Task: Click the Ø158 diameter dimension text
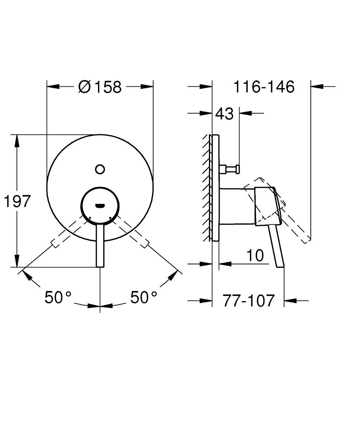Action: tap(100, 87)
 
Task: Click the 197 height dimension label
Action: tap(17, 201)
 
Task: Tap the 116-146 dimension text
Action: tap(264, 87)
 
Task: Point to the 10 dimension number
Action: tap(255, 255)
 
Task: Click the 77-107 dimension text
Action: tap(249, 300)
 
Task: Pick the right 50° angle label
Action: tap(144, 297)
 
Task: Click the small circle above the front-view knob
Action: tap(100, 169)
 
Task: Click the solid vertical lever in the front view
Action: tap(100, 246)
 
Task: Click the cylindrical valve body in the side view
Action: tap(237, 206)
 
